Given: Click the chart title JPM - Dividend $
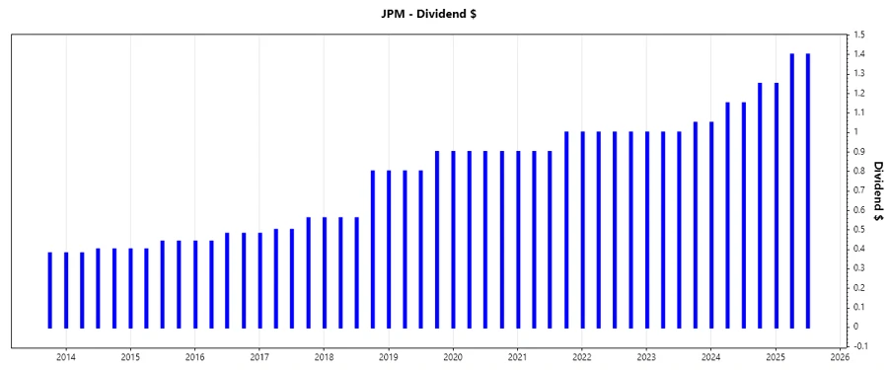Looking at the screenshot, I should (x=444, y=13).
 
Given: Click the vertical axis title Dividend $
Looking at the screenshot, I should (x=878, y=189).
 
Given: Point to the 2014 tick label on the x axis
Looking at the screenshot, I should (x=66, y=356).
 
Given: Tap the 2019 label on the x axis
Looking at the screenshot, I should (x=389, y=356).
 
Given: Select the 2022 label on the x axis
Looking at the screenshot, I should (x=582, y=356).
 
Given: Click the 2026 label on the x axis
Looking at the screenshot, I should (x=840, y=356).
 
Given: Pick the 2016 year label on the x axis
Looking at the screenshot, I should (x=195, y=356).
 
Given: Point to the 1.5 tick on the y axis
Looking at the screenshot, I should (x=860, y=36).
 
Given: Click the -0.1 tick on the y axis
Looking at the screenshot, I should (x=861, y=346).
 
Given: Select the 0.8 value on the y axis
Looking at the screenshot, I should (x=860, y=171).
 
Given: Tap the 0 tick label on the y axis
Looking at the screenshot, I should (x=857, y=327).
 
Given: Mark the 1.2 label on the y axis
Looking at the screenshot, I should (x=860, y=94).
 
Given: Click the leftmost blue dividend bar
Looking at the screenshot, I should (x=50, y=289).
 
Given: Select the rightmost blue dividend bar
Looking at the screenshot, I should (x=808, y=189).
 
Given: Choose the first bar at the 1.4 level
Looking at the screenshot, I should (x=792, y=189).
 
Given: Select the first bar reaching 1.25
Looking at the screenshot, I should (x=760, y=204).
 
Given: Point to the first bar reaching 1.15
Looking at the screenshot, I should (x=727, y=214).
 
